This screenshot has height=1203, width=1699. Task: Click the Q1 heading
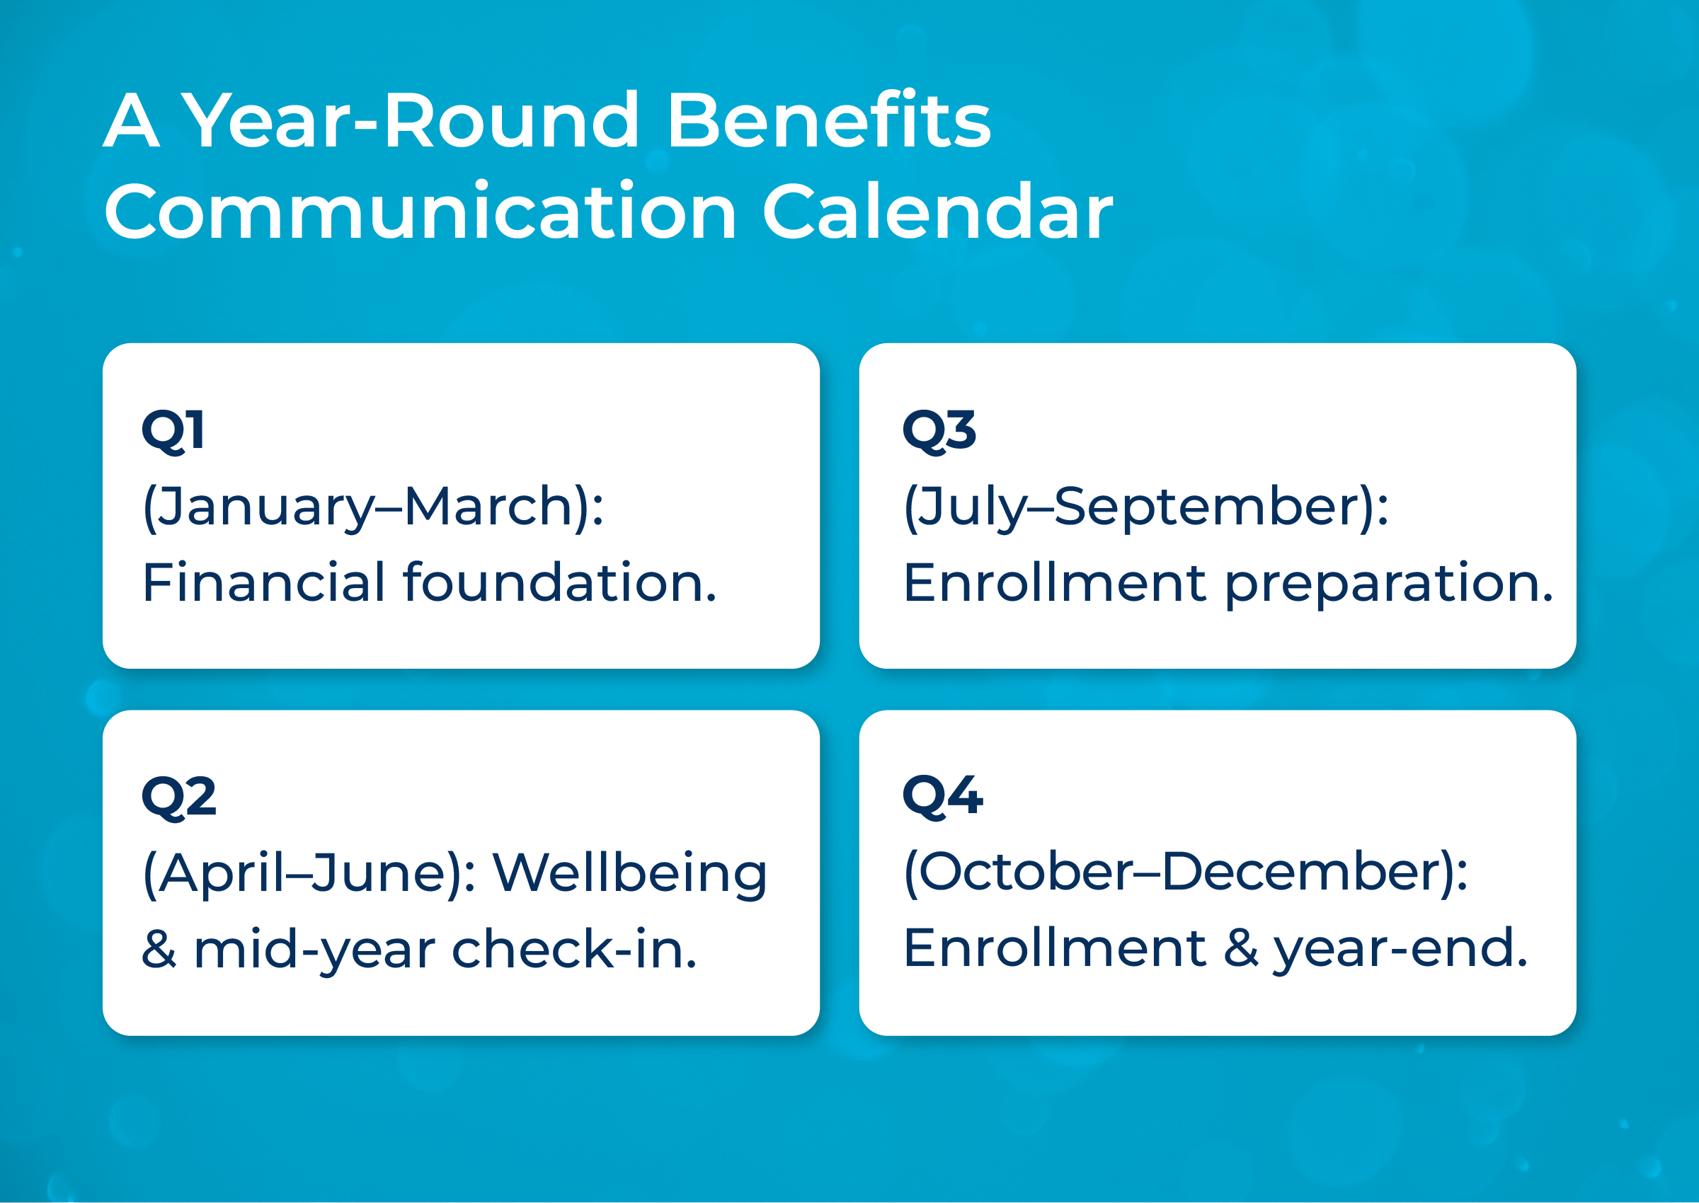[x=173, y=430]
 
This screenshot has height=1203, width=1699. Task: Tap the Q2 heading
[x=178, y=797]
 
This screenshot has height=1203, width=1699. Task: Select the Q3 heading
[x=939, y=430]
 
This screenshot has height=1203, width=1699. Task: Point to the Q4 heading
[x=942, y=797]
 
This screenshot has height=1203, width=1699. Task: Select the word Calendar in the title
[x=937, y=212]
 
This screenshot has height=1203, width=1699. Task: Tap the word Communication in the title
[x=420, y=212]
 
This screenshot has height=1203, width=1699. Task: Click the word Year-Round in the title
[x=411, y=121]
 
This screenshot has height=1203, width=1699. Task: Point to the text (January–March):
[x=372, y=507]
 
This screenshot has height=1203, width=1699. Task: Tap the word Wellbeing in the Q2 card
[x=630, y=874]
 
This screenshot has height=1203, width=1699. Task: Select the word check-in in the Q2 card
[x=573, y=950]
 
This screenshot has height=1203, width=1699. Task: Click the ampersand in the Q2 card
[x=159, y=950]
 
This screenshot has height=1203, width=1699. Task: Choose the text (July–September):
[x=1145, y=507]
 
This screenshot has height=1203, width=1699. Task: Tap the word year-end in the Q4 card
[x=1400, y=950]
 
